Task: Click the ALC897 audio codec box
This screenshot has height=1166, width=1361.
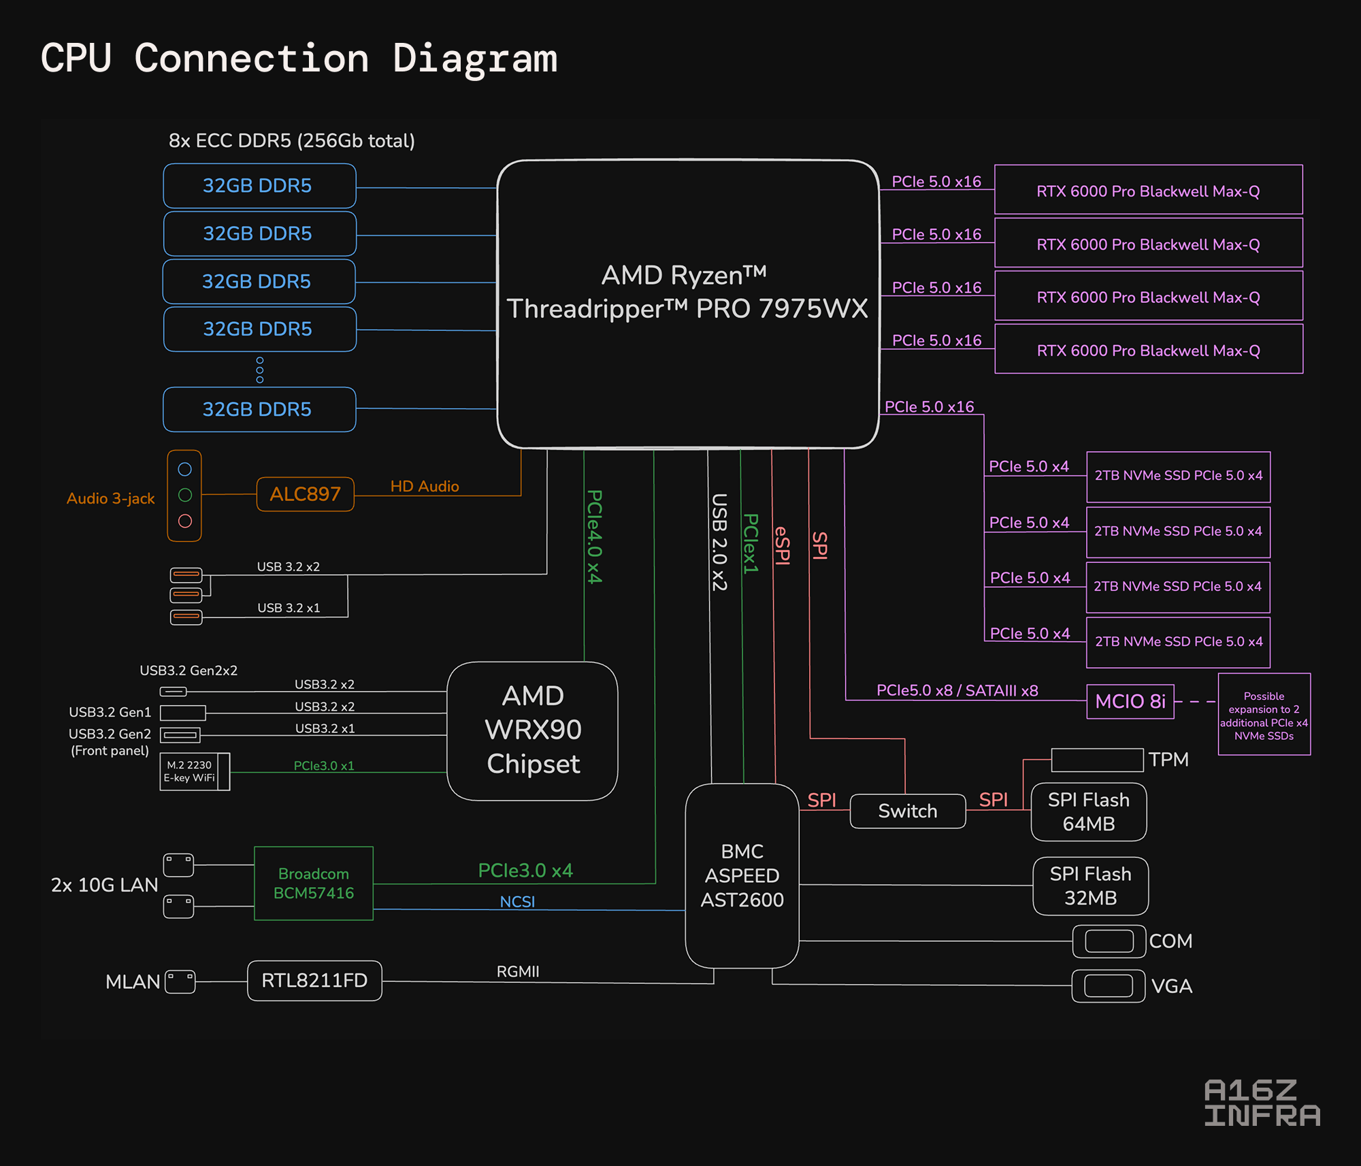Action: pos(305,494)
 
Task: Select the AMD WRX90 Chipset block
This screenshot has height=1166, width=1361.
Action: pos(533,730)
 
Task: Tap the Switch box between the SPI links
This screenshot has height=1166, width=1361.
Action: pos(908,811)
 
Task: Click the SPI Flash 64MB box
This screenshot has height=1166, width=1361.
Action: pos(1089,812)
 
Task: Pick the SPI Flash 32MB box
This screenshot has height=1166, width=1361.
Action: pos(1090,886)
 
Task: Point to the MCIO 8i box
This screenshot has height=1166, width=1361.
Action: pos(1130,701)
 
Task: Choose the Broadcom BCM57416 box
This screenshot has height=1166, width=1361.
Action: pos(314,884)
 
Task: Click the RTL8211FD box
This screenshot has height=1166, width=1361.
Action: pos(314,980)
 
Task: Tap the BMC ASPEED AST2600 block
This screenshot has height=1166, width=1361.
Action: pos(742,875)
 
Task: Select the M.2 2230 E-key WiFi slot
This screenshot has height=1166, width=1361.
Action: pos(195,771)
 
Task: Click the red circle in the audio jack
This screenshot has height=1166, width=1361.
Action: pos(185,521)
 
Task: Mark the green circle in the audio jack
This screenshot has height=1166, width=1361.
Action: pos(185,495)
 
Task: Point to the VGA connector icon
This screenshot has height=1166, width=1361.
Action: pos(1109,986)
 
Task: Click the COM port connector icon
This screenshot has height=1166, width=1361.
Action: pos(1109,941)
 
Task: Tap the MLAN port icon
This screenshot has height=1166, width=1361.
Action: pos(180,982)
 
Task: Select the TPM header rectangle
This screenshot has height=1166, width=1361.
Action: pos(1097,760)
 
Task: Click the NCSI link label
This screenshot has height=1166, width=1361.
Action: pos(517,902)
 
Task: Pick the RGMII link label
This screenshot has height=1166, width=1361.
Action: pos(518,971)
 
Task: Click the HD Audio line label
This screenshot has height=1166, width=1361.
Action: pos(425,486)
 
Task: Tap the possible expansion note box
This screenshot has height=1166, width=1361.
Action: pos(1264,714)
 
